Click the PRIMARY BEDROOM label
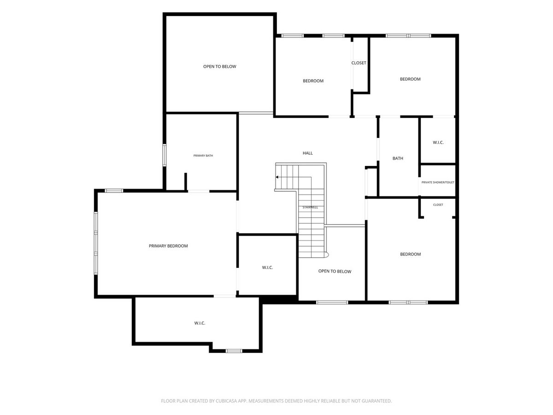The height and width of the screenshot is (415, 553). pyautogui.click(x=168, y=246)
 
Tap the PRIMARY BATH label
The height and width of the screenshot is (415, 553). pyautogui.click(x=203, y=155)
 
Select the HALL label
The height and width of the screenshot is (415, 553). pyautogui.click(x=307, y=153)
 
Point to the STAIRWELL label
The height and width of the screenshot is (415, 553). pyautogui.click(x=310, y=207)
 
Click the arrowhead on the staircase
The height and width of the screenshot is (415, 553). pyautogui.click(x=276, y=177)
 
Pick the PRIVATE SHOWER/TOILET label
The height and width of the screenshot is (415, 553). pyautogui.click(x=438, y=182)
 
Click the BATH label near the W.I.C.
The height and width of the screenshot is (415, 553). pyautogui.click(x=398, y=158)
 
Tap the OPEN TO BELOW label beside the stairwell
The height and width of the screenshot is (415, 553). pyautogui.click(x=335, y=271)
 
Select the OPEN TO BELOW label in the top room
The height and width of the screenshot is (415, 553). pyautogui.click(x=219, y=66)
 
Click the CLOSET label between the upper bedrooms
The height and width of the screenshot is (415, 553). pyautogui.click(x=359, y=63)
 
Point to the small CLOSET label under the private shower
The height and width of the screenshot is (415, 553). pyautogui.click(x=438, y=205)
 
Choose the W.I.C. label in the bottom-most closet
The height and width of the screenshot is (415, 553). pyautogui.click(x=200, y=323)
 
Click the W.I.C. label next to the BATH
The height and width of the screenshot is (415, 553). pyautogui.click(x=438, y=142)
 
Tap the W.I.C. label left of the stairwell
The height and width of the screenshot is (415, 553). pyautogui.click(x=267, y=267)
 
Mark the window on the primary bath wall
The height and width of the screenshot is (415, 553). pyautogui.click(x=164, y=155)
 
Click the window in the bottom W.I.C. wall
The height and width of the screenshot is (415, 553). pyautogui.click(x=234, y=351)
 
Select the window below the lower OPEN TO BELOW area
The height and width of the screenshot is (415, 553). pyautogui.click(x=332, y=302)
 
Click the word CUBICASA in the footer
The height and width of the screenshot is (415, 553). pyautogui.click(x=225, y=401)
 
